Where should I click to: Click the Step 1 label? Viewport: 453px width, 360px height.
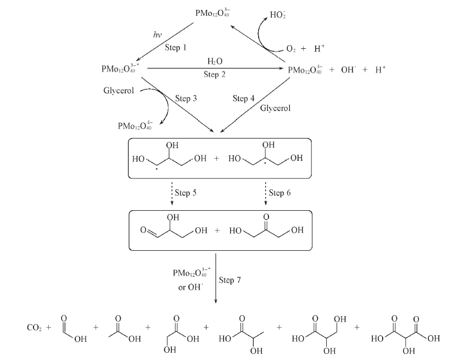[x=176, y=48]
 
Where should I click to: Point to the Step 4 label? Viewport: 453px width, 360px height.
[x=244, y=99]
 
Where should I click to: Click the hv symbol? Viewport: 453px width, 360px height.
[x=156, y=34]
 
